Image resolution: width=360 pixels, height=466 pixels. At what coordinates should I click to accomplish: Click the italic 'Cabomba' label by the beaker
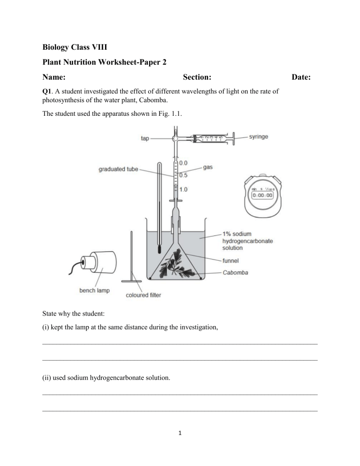tap(237, 272)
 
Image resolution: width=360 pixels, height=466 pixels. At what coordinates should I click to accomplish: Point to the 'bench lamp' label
tap(94, 290)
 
